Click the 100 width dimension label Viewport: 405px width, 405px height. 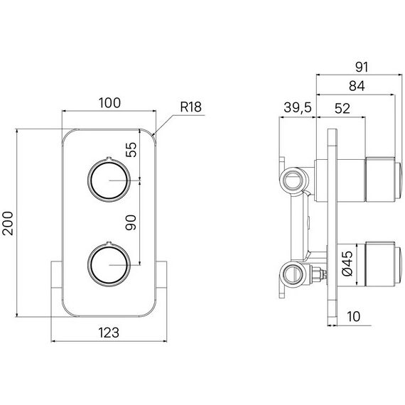click(109, 103)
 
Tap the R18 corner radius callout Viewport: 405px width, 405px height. click(190, 107)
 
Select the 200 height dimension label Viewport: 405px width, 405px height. click(8, 223)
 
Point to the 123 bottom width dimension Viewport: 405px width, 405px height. click(109, 333)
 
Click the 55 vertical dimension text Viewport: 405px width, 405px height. click(131, 149)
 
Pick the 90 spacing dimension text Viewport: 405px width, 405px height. click(131, 222)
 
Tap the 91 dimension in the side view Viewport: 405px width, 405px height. click(362, 67)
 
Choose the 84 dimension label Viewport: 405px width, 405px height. click(357, 86)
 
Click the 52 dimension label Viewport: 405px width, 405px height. click(342, 109)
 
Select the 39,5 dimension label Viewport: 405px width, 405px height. click(298, 107)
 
